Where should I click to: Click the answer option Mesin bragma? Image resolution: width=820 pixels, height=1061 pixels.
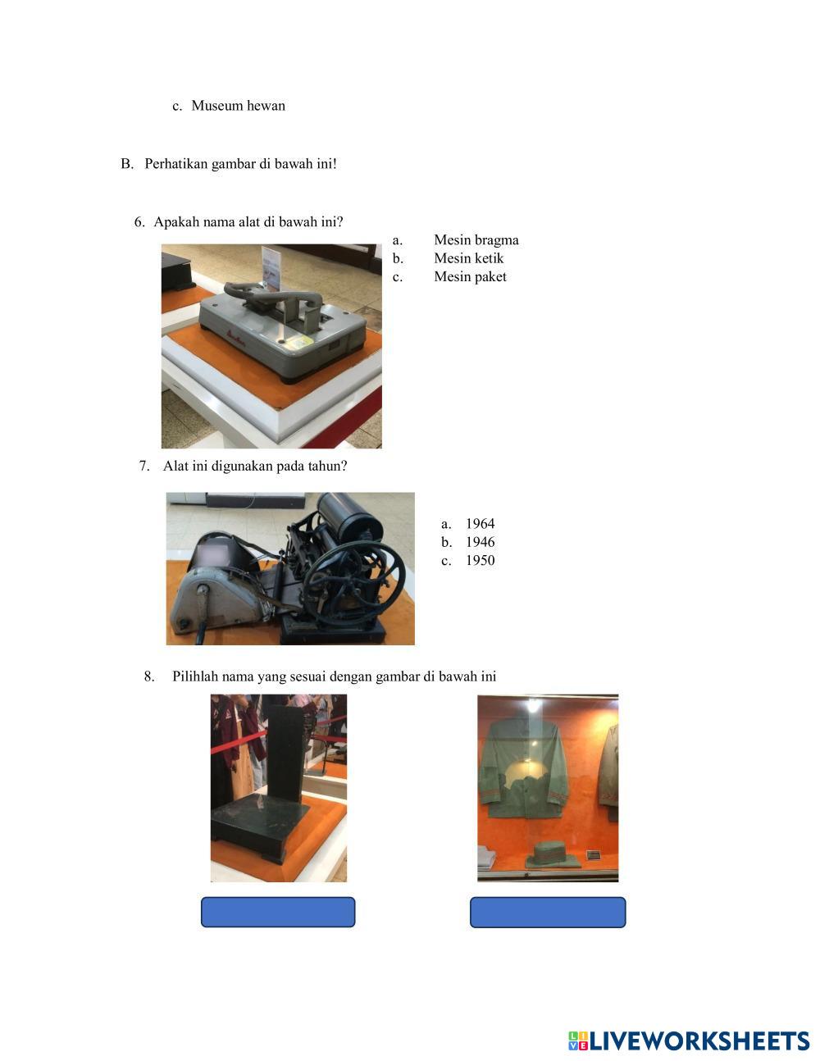476,239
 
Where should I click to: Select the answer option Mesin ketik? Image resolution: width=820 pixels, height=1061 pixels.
468,257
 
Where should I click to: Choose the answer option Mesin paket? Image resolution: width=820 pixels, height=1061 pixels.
470,276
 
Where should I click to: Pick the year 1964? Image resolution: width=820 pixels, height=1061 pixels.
480,523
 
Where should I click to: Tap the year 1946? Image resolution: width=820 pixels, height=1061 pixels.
480,542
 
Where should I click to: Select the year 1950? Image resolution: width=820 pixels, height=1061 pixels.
480,560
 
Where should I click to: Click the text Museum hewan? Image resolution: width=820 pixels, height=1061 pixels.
238,106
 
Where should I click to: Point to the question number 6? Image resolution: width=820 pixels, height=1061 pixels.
139,221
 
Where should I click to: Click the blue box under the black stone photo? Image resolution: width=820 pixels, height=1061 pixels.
278,912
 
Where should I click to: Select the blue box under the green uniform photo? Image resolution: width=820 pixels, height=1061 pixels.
548,912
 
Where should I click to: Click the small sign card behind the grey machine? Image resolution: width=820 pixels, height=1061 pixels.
273,266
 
